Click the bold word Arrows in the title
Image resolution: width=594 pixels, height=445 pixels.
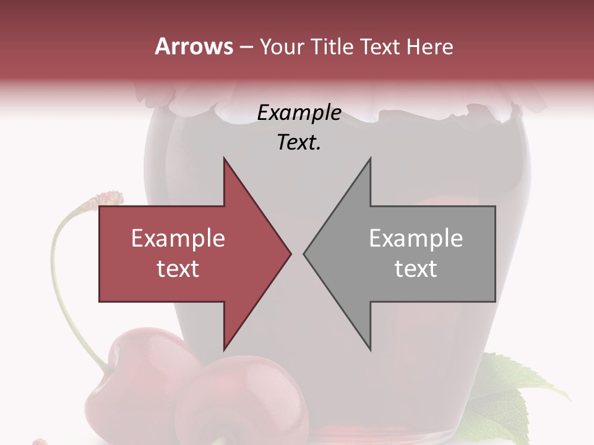[x=194, y=46]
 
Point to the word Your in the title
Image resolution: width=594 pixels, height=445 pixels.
[x=280, y=47]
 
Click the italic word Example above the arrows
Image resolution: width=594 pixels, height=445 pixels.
[x=299, y=113]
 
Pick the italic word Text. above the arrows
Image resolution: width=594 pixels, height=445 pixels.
[x=299, y=143]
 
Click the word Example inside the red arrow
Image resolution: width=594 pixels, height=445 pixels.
[x=178, y=239]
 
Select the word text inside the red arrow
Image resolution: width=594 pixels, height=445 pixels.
[x=178, y=269]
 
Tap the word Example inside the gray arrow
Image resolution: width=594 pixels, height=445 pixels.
[x=416, y=239]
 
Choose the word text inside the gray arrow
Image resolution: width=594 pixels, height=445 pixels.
[x=416, y=269]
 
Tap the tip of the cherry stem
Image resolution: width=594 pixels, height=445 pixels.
[x=108, y=198]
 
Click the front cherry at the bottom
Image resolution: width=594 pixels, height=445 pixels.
[x=247, y=402]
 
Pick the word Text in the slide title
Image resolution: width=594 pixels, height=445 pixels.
[x=377, y=47]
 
